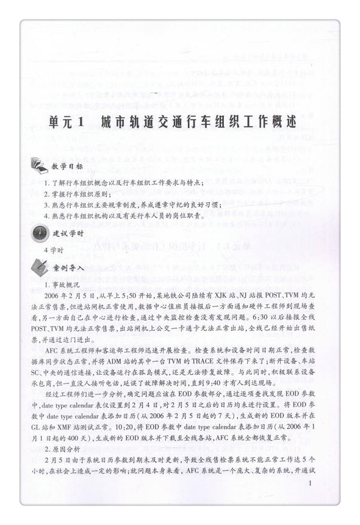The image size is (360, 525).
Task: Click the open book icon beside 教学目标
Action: click(x=38, y=165)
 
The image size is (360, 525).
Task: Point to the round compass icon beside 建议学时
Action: click(x=37, y=233)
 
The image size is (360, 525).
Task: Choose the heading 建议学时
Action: click(x=68, y=234)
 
